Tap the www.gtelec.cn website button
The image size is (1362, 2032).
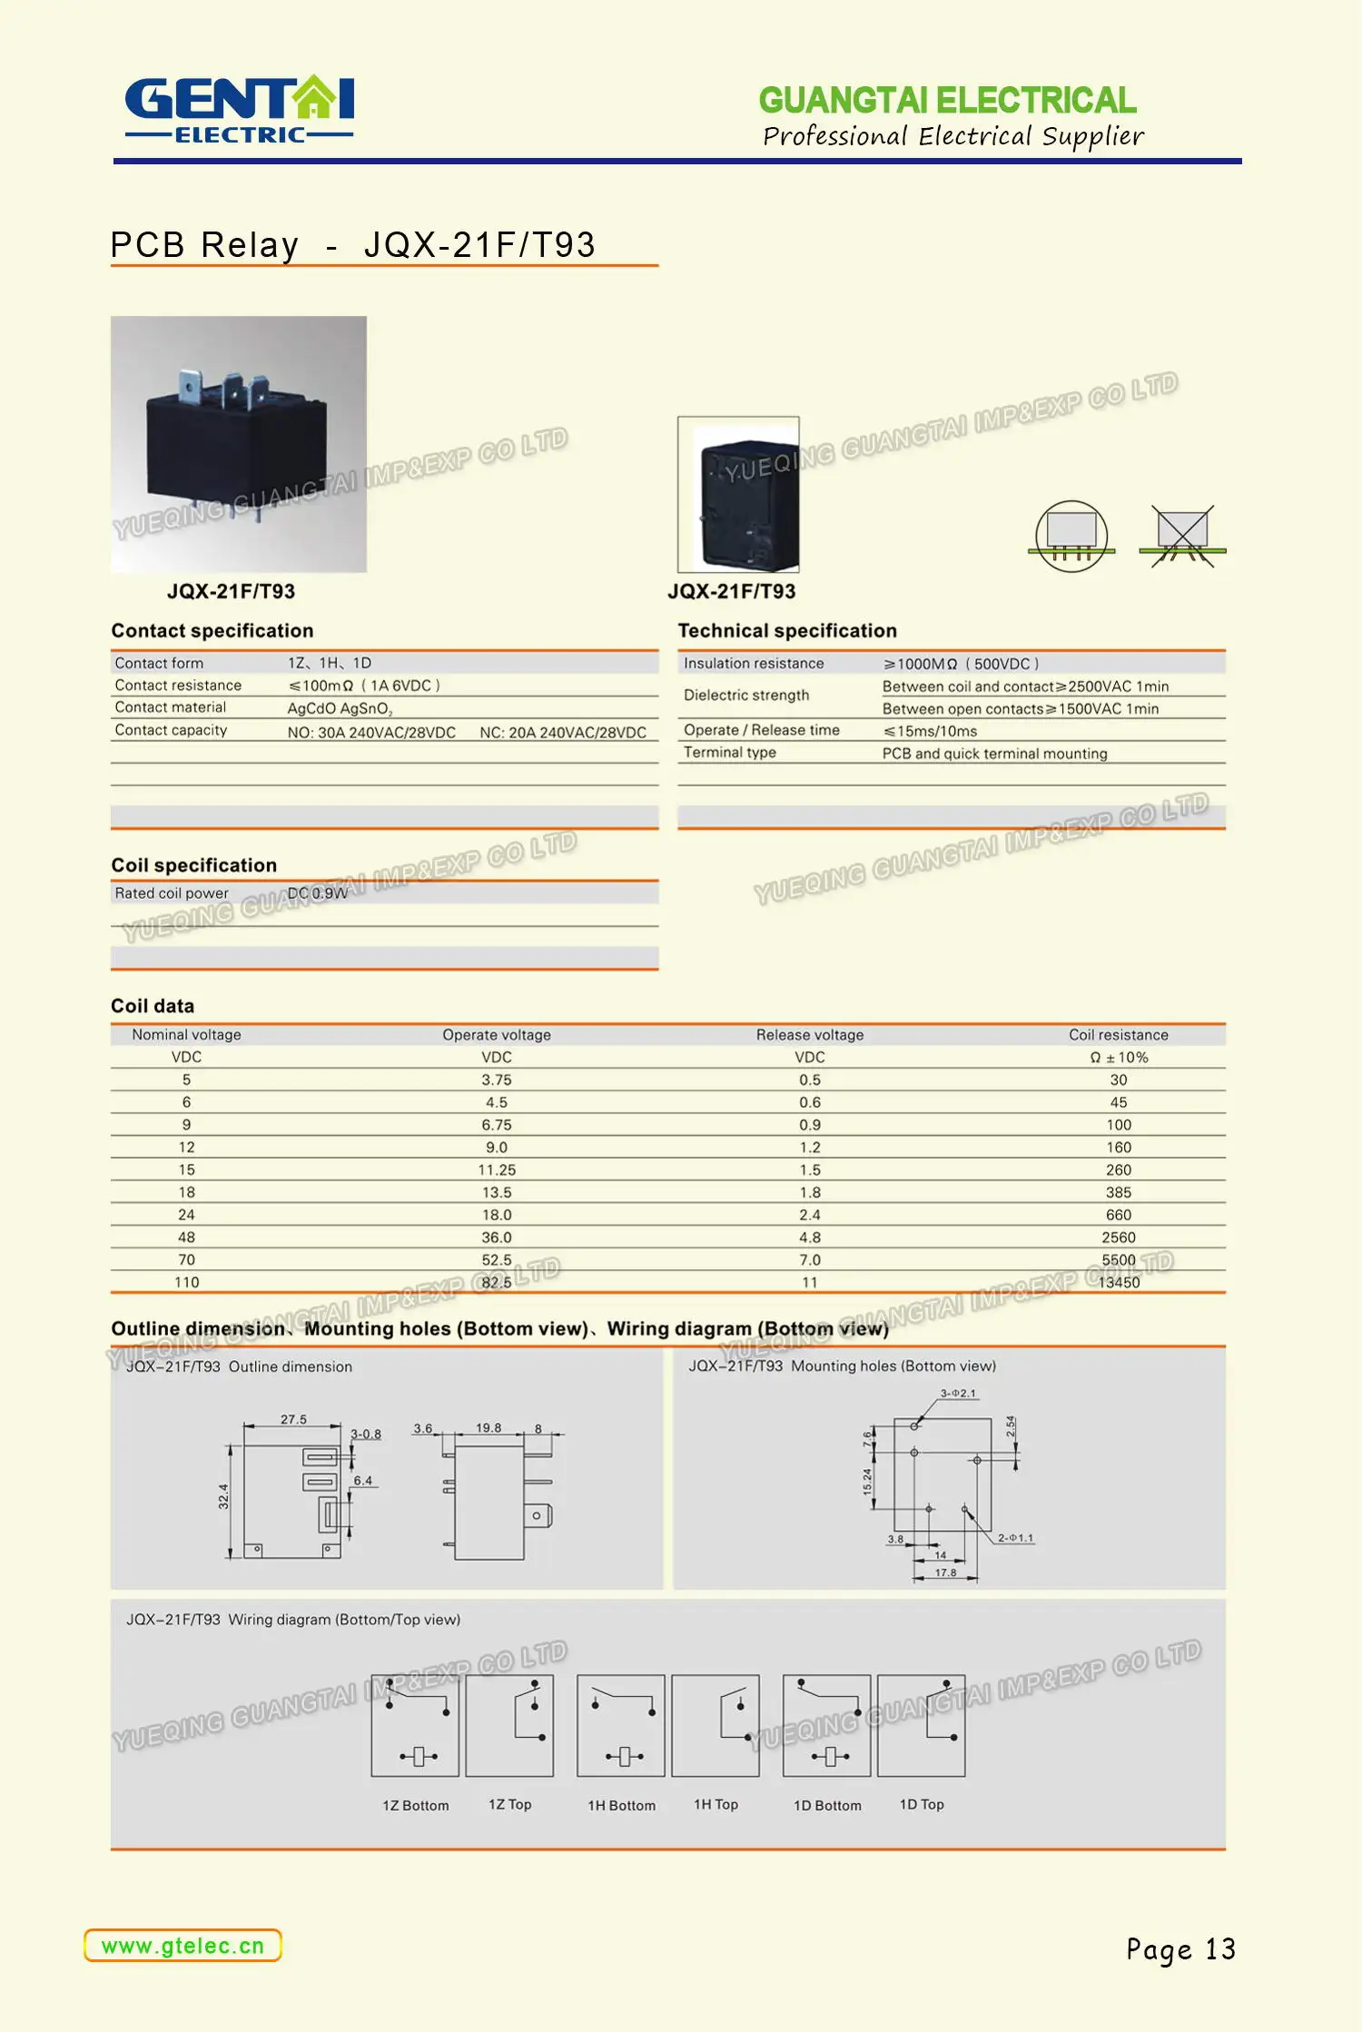[183, 1946]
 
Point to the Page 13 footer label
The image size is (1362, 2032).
[1180, 1949]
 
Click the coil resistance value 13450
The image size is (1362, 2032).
[1119, 1282]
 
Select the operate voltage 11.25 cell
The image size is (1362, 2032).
[497, 1169]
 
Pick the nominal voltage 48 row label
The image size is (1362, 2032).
[186, 1237]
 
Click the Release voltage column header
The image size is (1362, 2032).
[809, 1034]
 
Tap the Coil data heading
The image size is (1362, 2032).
[153, 1006]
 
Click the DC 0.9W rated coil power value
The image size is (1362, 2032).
[318, 893]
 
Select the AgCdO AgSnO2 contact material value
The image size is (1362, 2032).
[340, 708]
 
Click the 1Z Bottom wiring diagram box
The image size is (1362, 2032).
[416, 1725]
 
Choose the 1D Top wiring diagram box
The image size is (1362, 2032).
[921, 1725]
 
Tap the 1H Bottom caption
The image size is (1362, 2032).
[621, 1805]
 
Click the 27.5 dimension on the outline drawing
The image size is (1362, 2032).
[293, 1419]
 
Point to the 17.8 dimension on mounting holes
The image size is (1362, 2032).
[945, 1573]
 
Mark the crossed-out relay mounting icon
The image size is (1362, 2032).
[1182, 537]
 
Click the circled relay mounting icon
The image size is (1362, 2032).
[1071, 536]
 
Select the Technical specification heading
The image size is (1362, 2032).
[786, 631]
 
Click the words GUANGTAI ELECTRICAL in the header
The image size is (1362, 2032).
[947, 100]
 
